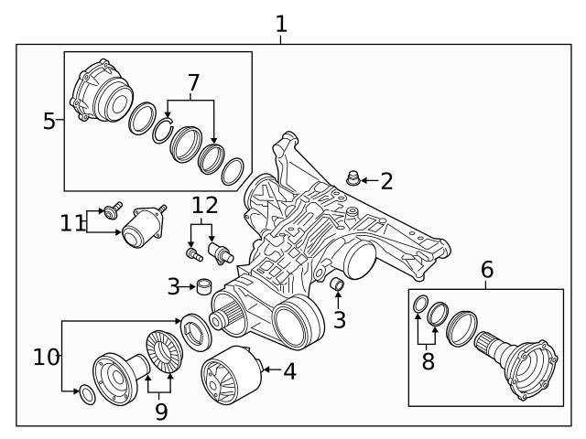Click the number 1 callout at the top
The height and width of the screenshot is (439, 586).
[x=281, y=23]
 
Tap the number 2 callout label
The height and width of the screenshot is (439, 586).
[x=386, y=181]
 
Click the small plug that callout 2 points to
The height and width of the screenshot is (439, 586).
[x=352, y=176]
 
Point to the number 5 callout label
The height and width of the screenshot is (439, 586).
[x=49, y=121]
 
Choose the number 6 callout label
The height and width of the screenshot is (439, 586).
[x=486, y=269]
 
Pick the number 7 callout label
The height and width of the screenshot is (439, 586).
[x=192, y=84]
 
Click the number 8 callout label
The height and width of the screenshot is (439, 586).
[x=428, y=360]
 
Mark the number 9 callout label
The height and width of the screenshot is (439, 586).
[x=161, y=412]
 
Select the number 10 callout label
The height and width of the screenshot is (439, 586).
[x=46, y=357]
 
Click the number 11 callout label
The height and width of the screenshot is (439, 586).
[x=71, y=222]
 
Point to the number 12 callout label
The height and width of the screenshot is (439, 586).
[x=205, y=205]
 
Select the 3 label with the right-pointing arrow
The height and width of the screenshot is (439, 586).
[x=173, y=287]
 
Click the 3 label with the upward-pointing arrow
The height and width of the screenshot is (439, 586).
[x=339, y=320]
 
